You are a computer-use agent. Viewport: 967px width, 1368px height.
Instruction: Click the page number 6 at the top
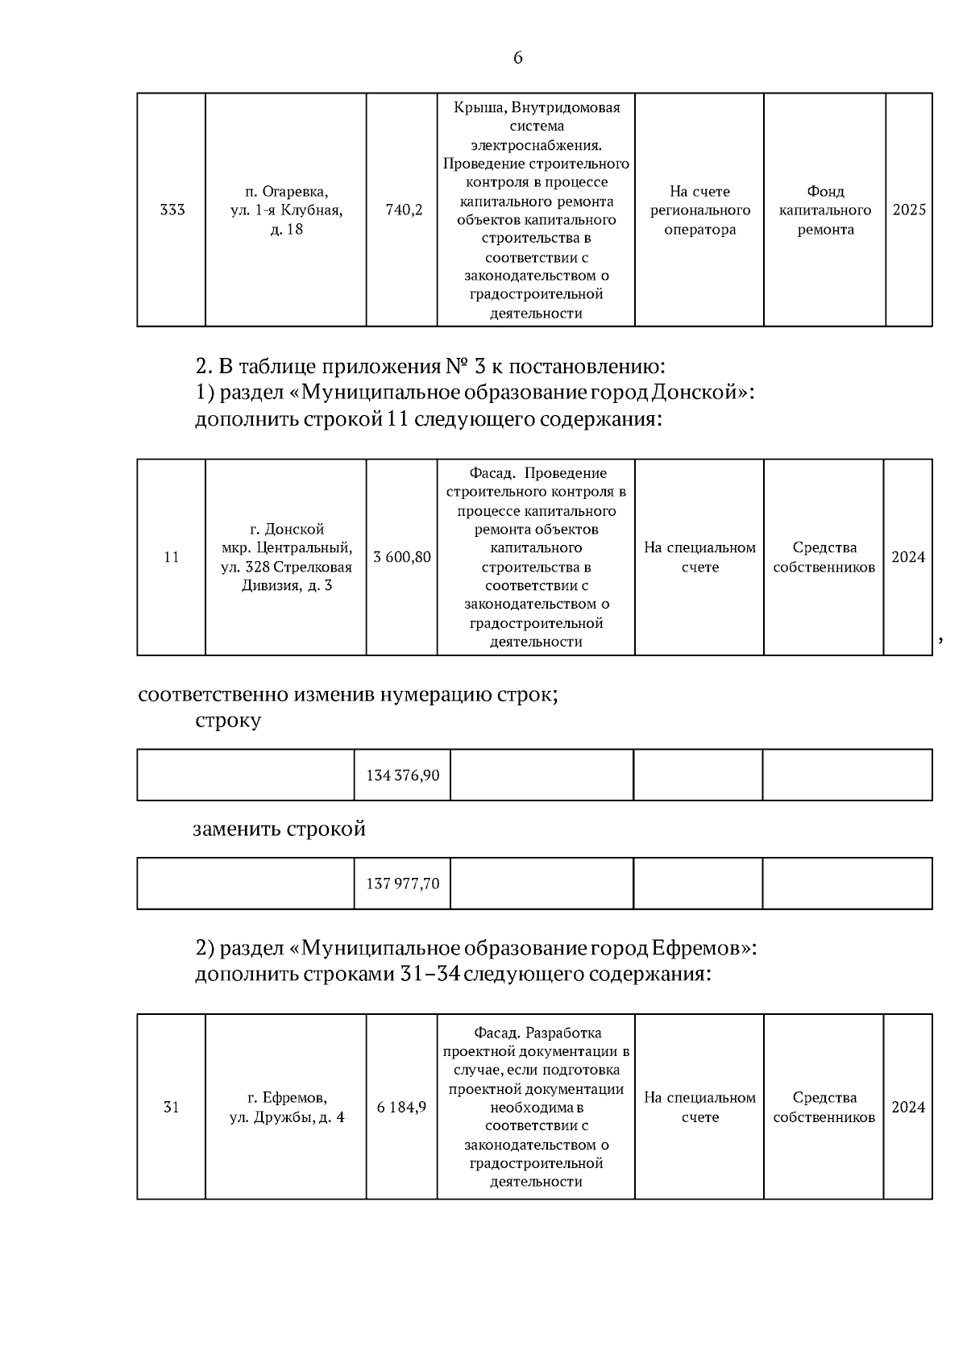(517, 58)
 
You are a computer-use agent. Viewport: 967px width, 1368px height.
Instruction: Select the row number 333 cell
(172, 210)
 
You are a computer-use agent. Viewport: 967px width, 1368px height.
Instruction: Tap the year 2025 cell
(909, 210)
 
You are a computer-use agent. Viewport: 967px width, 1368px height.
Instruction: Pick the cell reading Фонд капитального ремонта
(825, 210)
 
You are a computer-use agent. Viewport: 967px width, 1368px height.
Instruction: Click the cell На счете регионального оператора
(699, 210)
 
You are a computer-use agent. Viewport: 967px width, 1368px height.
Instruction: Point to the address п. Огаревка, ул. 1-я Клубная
(286, 210)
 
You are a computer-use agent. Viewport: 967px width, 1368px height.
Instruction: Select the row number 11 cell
(171, 558)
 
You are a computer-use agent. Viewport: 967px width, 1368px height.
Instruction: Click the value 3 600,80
(402, 558)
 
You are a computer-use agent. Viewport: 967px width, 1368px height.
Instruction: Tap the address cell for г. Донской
(286, 558)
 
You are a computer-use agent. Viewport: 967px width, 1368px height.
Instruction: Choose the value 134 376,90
(403, 775)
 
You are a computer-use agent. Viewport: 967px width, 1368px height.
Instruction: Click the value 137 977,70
(403, 884)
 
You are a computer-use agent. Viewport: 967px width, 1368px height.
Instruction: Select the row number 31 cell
(171, 1108)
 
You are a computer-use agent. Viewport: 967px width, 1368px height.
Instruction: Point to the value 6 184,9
(401, 1108)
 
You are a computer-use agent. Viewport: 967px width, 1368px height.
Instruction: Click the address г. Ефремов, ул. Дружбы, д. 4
(286, 1108)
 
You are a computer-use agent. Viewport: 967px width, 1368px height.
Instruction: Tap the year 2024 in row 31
(908, 1108)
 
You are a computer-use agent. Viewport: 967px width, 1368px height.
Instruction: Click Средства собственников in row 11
(824, 558)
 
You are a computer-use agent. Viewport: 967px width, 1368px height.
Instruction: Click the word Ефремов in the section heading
(697, 948)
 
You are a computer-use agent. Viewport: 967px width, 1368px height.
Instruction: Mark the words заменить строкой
(279, 830)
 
